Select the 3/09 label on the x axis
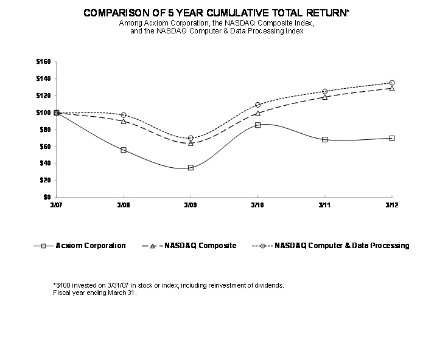point(191,206)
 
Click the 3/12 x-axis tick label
point(391,206)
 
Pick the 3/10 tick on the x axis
point(257,206)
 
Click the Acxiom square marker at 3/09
point(191,168)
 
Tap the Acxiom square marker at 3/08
point(124,150)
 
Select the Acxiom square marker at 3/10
point(257,125)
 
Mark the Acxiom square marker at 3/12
point(391,138)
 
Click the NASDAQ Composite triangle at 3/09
point(191,143)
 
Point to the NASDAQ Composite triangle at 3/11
point(324,97)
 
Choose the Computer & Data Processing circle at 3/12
point(391,83)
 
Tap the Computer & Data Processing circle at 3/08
point(124,115)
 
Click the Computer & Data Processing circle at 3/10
point(257,105)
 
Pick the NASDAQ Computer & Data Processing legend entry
point(332,246)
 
